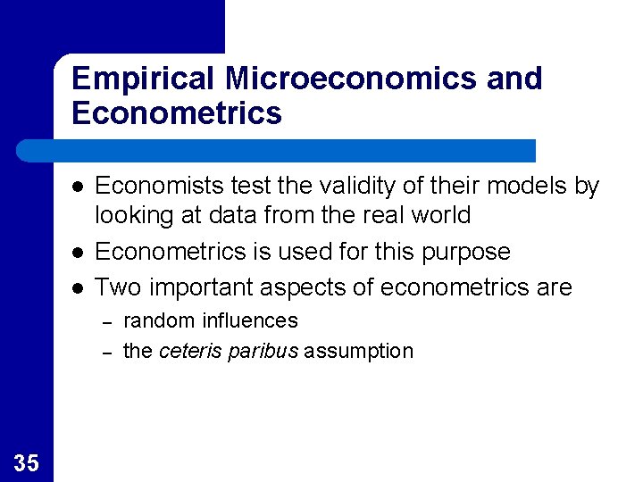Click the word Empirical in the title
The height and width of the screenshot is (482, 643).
coord(143,79)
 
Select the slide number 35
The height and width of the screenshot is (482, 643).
coord(26,462)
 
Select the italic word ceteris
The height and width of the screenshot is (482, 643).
coord(189,351)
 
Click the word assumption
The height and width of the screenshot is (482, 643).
coord(359,352)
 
